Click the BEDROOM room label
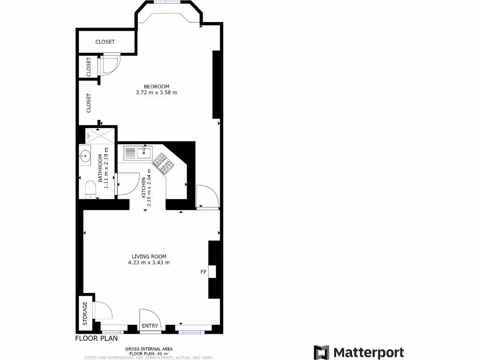[x=156, y=86]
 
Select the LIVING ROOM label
[x=149, y=256]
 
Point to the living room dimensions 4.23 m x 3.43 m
[x=149, y=262]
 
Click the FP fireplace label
[x=203, y=272]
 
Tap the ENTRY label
[x=150, y=326]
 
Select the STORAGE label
[x=85, y=314]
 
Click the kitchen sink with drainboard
[x=137, y=152]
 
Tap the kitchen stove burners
[x=165, y=164]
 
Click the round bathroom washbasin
[x=85, y=155]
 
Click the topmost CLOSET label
[x=105, y=42]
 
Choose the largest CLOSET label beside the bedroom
[x=89, y=103]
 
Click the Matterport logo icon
[x=322, y=352]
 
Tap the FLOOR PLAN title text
[x=97, y=338]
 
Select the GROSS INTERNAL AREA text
[x=149, y=349]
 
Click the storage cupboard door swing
[x=103, y=311]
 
